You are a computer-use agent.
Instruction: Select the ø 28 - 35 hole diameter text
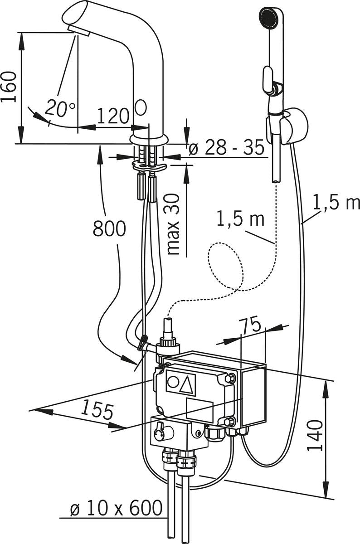click(227, 148)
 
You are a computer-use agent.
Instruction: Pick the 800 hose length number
click(109, 229)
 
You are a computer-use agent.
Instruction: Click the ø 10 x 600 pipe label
click(117, 509)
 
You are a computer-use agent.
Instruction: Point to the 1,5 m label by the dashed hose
click(240, 219)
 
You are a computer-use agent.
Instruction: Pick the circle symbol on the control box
click(173, 382)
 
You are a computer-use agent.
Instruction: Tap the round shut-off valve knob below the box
click(160, 430)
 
